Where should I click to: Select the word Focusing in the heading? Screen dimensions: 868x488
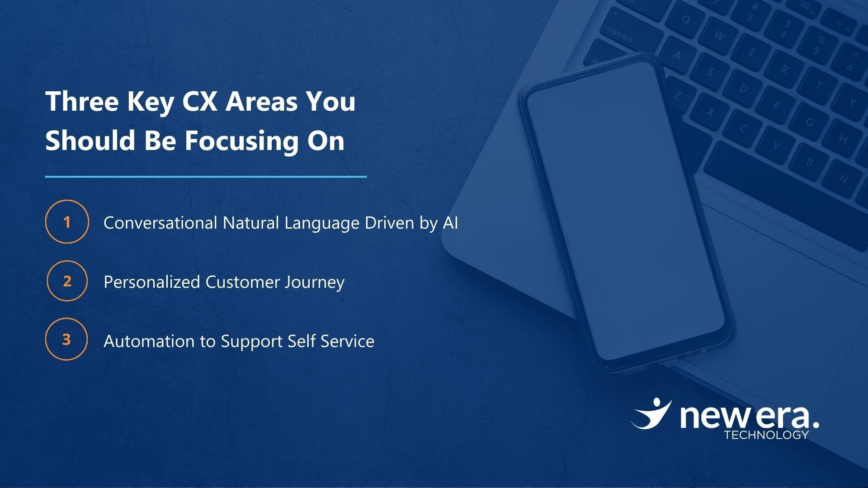[241, 141]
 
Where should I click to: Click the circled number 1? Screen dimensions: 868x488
[67, 222]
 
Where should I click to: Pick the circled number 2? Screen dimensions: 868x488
[67, 281]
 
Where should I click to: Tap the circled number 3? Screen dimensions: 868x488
[66, 339]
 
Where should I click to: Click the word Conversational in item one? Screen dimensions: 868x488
[160, 223]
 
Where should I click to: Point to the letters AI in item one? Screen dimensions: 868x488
[450, 223]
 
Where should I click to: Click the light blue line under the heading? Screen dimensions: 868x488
[206, 177]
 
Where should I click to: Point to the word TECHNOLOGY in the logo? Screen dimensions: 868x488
[766, 435]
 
